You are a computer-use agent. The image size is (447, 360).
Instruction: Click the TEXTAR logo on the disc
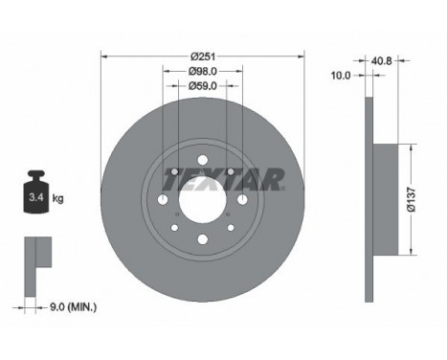point(223,178)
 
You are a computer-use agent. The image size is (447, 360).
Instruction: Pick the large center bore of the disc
point(203,199)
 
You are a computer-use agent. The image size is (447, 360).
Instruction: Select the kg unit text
point(58,199)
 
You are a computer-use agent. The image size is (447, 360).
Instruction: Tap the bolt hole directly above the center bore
point(203,160)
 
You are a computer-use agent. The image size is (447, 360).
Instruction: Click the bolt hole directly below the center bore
point(203,239)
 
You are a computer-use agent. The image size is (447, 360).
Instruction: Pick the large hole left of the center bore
point(164,199)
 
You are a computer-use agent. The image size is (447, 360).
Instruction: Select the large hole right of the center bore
point(242,199)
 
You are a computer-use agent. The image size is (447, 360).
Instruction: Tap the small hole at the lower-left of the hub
point(175,228)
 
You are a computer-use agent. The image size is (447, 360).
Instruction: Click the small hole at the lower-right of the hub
point(231,228)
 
